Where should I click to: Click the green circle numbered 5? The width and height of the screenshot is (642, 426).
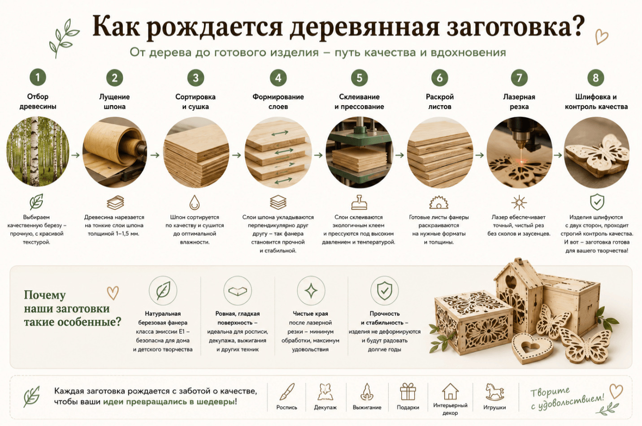pyautogui.click(x=359, y=77)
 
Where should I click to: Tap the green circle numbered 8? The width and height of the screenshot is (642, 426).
pyautogui.click(x=595, y=77)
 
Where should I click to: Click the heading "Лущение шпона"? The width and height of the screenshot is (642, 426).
pyautogui.click(x=114, y=102)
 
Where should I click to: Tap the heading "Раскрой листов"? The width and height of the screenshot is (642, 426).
pyautogui.click(x=440, y=102)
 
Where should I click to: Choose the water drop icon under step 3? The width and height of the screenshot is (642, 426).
pyautogui.click(x=195, y=202)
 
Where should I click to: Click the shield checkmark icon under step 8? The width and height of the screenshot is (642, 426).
pyautogui.click(x=597, y=202)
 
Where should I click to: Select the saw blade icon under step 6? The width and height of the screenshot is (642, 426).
pyautogui.click(x=439, y=202)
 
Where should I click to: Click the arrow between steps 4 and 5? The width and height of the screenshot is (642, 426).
pyautogui.click(x=318, y=155)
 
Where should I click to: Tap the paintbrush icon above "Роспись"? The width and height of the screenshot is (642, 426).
pyautogui.click(x=287, y=392)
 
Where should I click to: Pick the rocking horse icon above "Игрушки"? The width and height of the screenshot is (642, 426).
pyautogui.click(x=495, y=392)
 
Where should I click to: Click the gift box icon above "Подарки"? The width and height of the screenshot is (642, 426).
pyautogui.click(x=408, y=392)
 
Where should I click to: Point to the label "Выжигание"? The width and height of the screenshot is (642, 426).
pyautogui.click(x=367, y=407)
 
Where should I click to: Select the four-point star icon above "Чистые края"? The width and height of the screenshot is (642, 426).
pyautogui.click(x=311, y=291)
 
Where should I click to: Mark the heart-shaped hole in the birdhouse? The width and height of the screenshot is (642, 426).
pyautogui.click(x=511, y=282)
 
